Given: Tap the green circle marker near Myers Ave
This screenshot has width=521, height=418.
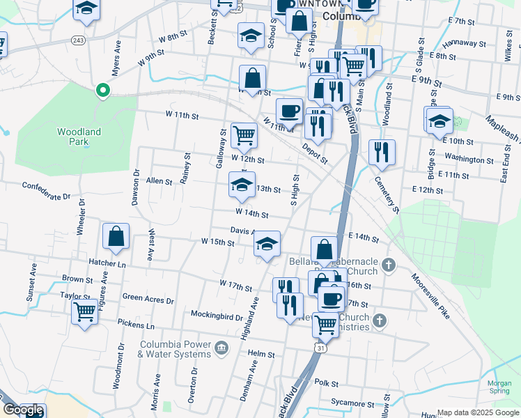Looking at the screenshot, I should tap(102, 90).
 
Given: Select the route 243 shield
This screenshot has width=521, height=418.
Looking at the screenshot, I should tap(78, 41).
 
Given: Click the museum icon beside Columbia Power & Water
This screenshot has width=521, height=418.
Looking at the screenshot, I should tap(221, 348).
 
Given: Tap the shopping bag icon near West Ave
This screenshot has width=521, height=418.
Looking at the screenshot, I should tap(116, 237).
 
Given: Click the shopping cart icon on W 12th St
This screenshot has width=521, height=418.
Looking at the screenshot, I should tap(244, 135).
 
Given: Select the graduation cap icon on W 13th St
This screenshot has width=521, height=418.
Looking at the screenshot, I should tap(242, 185).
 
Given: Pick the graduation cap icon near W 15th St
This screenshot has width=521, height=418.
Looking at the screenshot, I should tap(267, 245).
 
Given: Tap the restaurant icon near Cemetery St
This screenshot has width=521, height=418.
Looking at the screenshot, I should tap(382, 153).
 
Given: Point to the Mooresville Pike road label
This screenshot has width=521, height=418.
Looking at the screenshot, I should tap(430, 295).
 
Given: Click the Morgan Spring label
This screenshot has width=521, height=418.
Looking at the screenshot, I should tap(499, 387).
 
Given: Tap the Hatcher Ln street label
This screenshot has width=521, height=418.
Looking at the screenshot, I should tap(107, 263).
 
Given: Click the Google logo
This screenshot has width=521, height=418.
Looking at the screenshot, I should tap(23, 410).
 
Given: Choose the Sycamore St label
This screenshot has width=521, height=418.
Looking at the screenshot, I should tap(352, 403).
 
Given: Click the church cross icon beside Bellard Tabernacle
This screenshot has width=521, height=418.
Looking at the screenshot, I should tap(389, 265).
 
